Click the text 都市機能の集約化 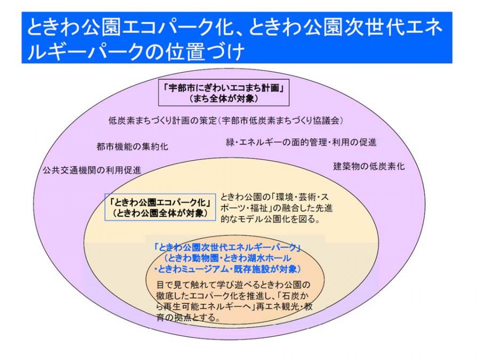click(132, 147)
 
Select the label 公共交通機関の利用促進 click(92, 170)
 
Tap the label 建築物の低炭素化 click(369, 166)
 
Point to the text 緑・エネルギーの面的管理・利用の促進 click(301, 142)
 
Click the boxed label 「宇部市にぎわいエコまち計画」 click(224, 88)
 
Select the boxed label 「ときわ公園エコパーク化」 click(160, 202)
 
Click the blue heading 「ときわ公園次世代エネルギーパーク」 click(227, 247)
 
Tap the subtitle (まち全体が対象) click(224, 99)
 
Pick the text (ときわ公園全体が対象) click(160, 213)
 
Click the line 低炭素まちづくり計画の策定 click(163, 121)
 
